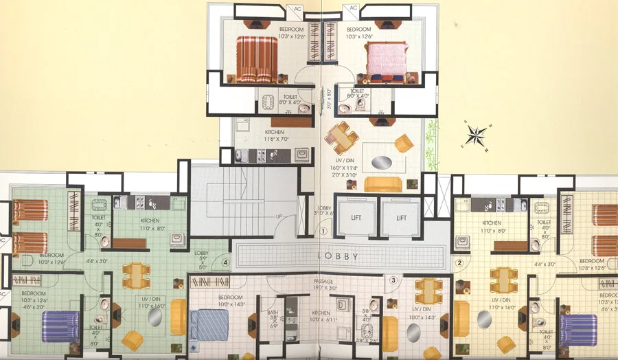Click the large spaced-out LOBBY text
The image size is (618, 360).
click(x=340, y=256)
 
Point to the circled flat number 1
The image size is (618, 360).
click(x=323, y=232)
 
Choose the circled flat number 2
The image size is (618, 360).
click(x=460, y=262)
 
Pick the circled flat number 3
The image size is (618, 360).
click(x=393, y=280)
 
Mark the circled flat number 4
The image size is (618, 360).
click(x=225, y=261)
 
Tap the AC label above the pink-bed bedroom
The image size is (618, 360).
click(x=354, y=8)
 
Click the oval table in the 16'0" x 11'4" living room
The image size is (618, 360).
click(x=379, y=162)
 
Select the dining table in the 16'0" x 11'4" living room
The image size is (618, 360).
click(x=341, y=136)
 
